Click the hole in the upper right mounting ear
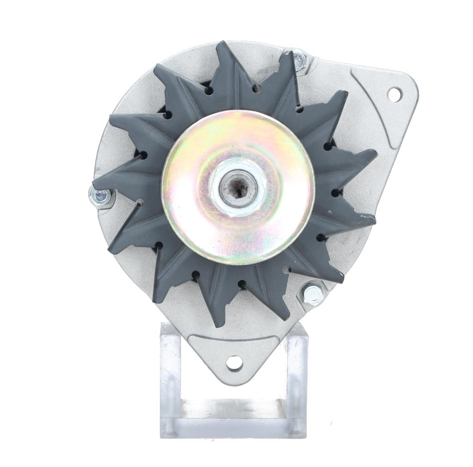394,94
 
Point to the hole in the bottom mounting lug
235,363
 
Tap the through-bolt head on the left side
100,196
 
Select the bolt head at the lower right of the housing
313,294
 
